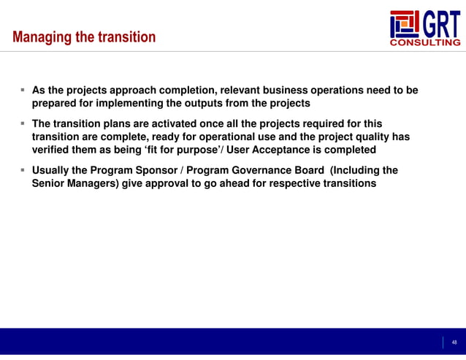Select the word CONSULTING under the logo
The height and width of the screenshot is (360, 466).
click(426, 43)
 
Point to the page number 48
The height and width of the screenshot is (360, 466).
click(454, 342)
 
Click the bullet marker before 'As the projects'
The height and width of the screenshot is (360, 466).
click(23, 91)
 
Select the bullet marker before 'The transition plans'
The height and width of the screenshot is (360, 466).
click(23, 123)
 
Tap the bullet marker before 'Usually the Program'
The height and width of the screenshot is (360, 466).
click(23, 170)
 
